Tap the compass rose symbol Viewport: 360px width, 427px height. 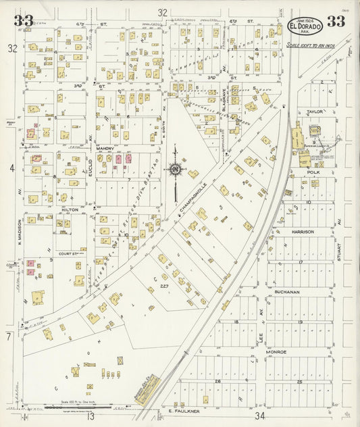click(175, 169)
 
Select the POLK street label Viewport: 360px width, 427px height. click(313, 173)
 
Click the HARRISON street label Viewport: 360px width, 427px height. click(303, 232)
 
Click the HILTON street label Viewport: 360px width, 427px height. click(70, 210)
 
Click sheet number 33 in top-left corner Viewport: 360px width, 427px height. click(23, 20)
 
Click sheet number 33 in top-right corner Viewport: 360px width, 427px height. click(336, 22)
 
